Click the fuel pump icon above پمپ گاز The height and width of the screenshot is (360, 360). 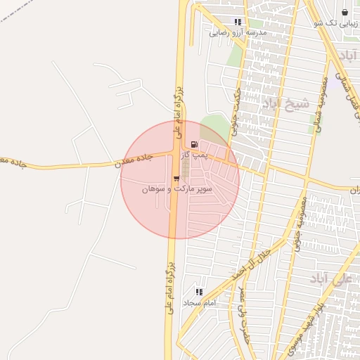click(x=194, y=143)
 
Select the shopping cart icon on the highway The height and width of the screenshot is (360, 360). click(x=176, y=179)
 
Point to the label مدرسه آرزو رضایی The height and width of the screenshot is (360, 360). click(x=238, y=32)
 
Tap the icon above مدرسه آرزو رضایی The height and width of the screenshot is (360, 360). click(x=238, y=22)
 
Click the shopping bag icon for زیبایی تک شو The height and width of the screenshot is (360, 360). click(x=345, y=12)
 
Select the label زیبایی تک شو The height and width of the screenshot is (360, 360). click(x=338, y=22)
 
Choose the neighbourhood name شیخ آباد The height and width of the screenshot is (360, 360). click(x=285, y=104)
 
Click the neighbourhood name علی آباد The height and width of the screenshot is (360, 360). click(x=328, y=279)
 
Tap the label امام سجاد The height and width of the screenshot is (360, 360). click(x=202, y=302)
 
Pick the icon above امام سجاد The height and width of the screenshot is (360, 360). click(x=199, y=292)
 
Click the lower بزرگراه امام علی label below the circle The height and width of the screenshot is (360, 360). click(x=169, y=289)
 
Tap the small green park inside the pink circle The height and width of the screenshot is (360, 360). click(x=210, y=129)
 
